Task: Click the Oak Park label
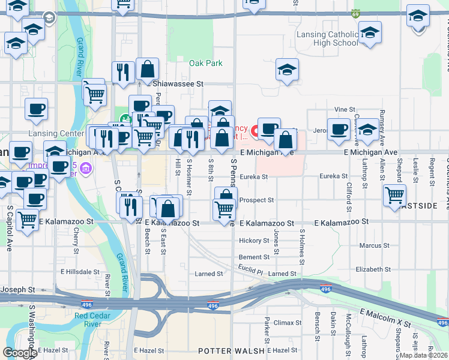pos(205,63)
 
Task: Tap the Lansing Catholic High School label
pos(328,38)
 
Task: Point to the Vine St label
pos(345,110)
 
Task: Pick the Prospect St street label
pos(256,200)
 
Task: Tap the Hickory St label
pos(254,241)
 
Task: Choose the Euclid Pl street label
pos(250,268)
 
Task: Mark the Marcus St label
pos(374,245)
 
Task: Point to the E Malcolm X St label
pos(385,319)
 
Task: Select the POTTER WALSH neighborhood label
pos(231,350)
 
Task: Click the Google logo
pos(20,353)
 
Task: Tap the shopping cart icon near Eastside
pos(394,194)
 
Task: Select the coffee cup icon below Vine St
pos(339,128)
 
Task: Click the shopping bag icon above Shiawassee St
pos(147,70)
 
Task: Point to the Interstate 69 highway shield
pos(356,13)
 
